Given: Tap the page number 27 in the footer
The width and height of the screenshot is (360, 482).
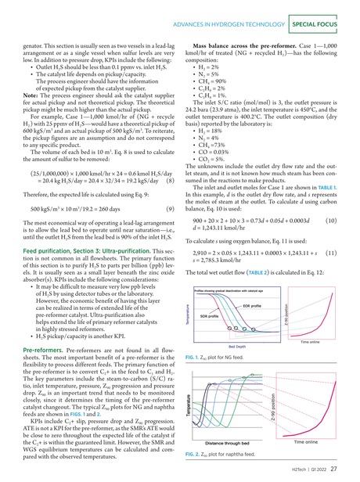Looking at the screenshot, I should (333, 469).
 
